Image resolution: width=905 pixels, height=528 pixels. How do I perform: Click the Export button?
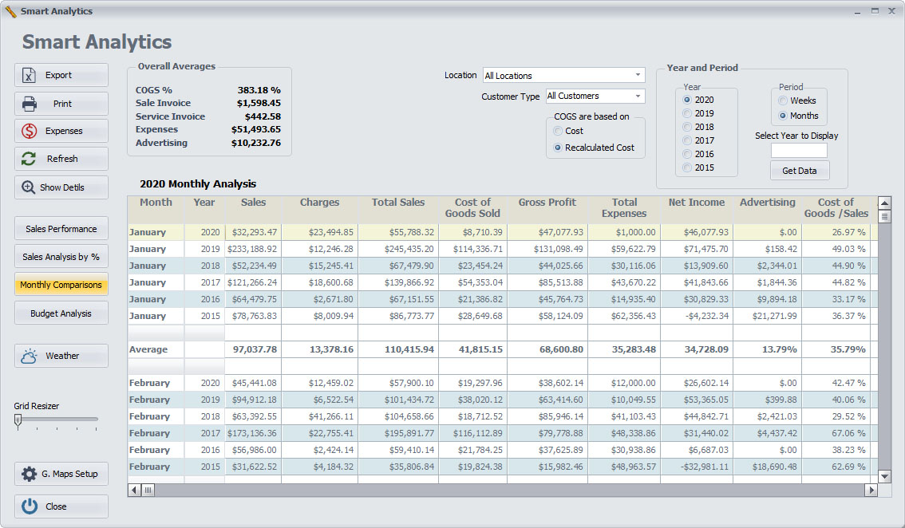(x=61, y=75)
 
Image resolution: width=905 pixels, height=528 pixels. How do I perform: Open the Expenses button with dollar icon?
(x=61, y=131)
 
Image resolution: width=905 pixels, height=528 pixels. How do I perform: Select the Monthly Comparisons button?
(x=61, y=285)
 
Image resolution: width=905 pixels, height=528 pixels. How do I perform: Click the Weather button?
(x=61, y=356)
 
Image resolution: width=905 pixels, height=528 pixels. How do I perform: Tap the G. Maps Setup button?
(x=61, y=474)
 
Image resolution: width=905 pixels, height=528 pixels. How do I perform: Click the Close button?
(x=61, y=506)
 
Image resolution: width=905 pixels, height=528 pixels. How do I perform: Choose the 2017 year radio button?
(x=687, y=140)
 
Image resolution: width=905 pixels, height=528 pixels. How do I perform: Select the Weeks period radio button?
(x=783, y=100)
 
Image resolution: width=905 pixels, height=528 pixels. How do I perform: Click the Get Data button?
(x=800, y=171)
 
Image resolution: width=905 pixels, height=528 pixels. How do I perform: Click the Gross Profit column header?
(x=547, y=203)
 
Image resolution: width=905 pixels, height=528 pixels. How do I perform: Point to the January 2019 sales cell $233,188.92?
(x=252, y=249)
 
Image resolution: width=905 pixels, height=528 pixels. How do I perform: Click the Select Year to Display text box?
(x=799, y=151)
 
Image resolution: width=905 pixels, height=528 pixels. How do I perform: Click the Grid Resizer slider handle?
(x=18, y=422)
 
